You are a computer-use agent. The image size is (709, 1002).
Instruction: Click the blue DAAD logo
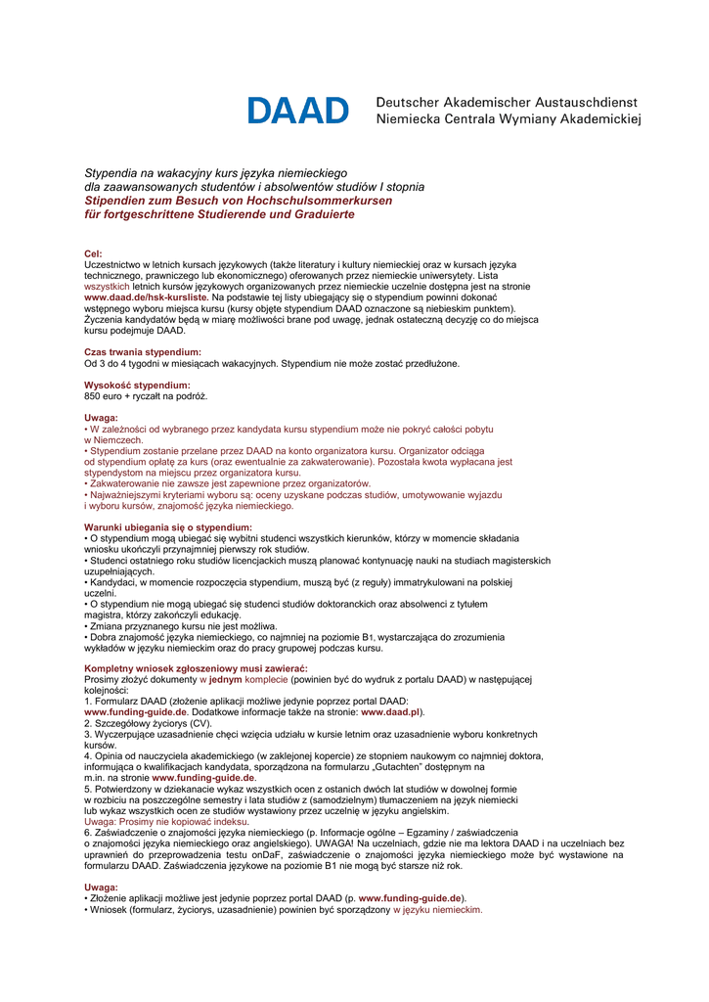pos(297,111)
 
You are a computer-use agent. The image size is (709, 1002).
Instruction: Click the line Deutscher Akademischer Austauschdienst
pos(507,102)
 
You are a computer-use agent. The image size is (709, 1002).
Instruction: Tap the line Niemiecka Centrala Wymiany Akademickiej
pos(508,120)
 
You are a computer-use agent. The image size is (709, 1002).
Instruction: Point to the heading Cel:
pos(94,253)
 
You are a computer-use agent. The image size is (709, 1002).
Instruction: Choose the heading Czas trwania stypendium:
pos(143,351)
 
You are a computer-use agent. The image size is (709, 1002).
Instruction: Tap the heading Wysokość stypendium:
pos(137,385)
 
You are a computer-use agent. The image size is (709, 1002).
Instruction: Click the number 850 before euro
pos(95,396)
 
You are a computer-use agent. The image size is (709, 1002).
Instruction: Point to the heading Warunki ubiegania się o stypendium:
pos(168,527)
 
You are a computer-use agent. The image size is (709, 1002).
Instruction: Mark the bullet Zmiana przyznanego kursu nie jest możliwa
pos(183,625)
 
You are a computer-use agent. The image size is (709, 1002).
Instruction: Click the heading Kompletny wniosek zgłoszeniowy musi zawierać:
pos(196,668)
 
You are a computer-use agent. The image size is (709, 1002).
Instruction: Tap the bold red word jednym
pos(225,679)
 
